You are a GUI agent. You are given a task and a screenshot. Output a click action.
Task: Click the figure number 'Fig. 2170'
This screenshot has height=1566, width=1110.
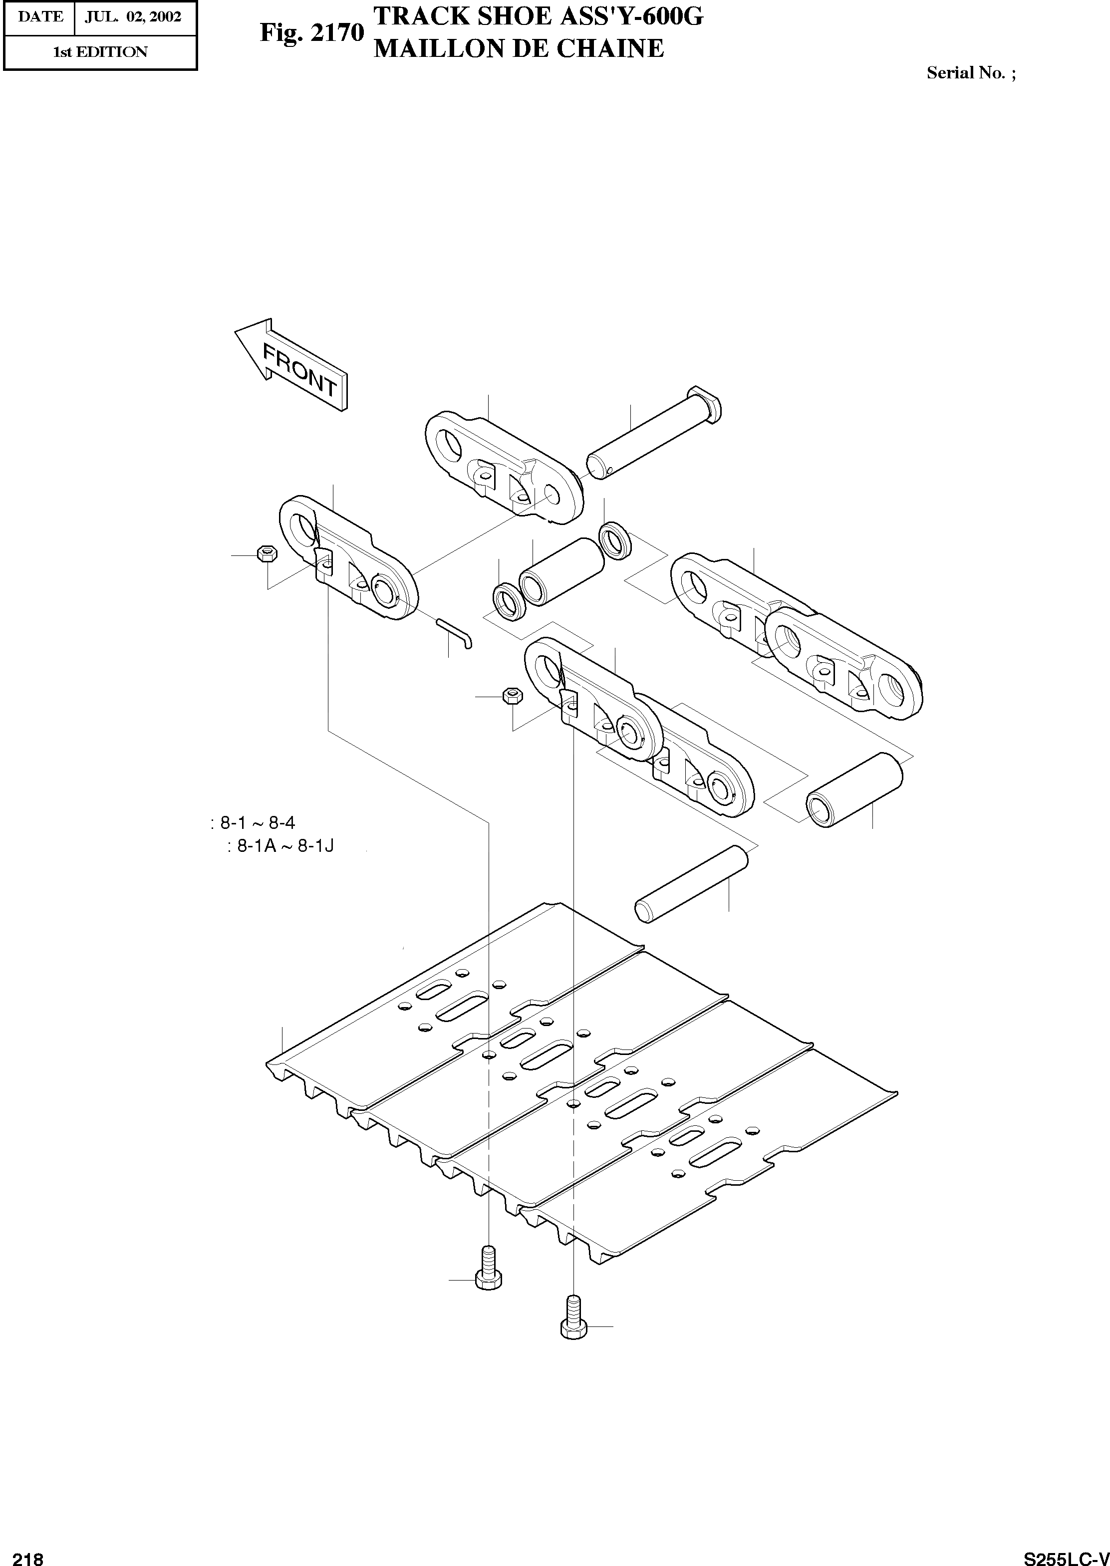coord(311,33)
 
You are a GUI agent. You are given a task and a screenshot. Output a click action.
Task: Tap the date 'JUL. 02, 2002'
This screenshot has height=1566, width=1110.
coord(133,17)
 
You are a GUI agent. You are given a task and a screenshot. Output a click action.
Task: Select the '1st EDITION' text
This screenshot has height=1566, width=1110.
coord(100,52)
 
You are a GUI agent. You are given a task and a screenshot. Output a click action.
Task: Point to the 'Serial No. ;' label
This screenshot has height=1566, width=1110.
coord(971,73)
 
